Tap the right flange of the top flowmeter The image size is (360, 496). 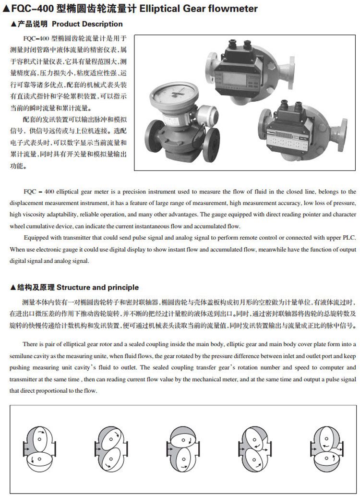[292, 72]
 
